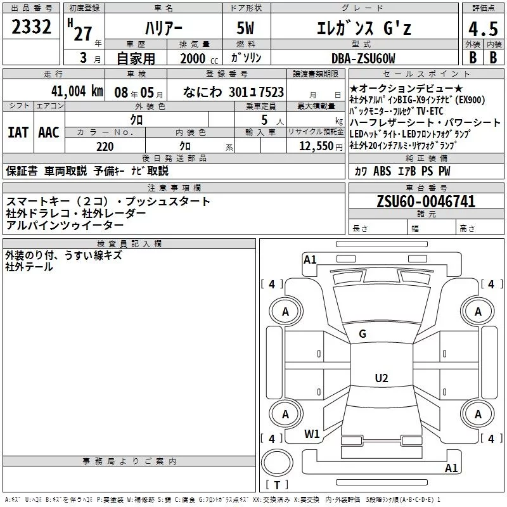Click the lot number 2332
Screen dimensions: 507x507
tap(31, 27)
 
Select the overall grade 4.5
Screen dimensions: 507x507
tap(483, 29)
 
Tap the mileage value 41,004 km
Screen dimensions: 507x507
tap(77, 91)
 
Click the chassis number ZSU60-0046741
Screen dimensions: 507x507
tap(426, 201)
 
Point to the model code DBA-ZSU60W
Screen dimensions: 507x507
tap(363, 58)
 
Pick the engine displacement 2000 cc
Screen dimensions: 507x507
tap(199, 58)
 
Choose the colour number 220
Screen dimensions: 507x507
tap(105, 146)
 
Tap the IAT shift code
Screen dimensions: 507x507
tap(18, 132)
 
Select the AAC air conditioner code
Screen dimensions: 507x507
tap(49, 132)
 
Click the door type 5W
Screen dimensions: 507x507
tap(245, 28)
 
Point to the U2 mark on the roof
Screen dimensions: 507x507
tap(382, 378)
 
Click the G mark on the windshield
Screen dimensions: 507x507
tap(363, 333)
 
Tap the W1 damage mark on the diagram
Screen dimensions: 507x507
tap(312, 433)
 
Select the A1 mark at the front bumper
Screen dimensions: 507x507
tap(310, 259)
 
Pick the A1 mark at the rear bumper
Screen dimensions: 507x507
tap(451, 468)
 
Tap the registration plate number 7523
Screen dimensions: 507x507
tap(271, 92)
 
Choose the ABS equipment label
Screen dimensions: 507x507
tap(382, 170)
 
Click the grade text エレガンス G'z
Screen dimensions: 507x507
tap(364, 28)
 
